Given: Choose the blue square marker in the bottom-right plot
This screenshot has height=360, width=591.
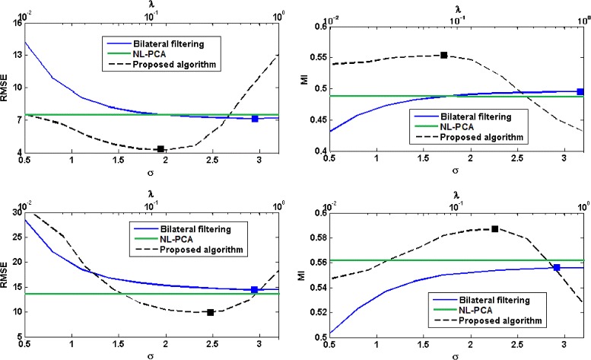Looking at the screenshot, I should tap(557, 267).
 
